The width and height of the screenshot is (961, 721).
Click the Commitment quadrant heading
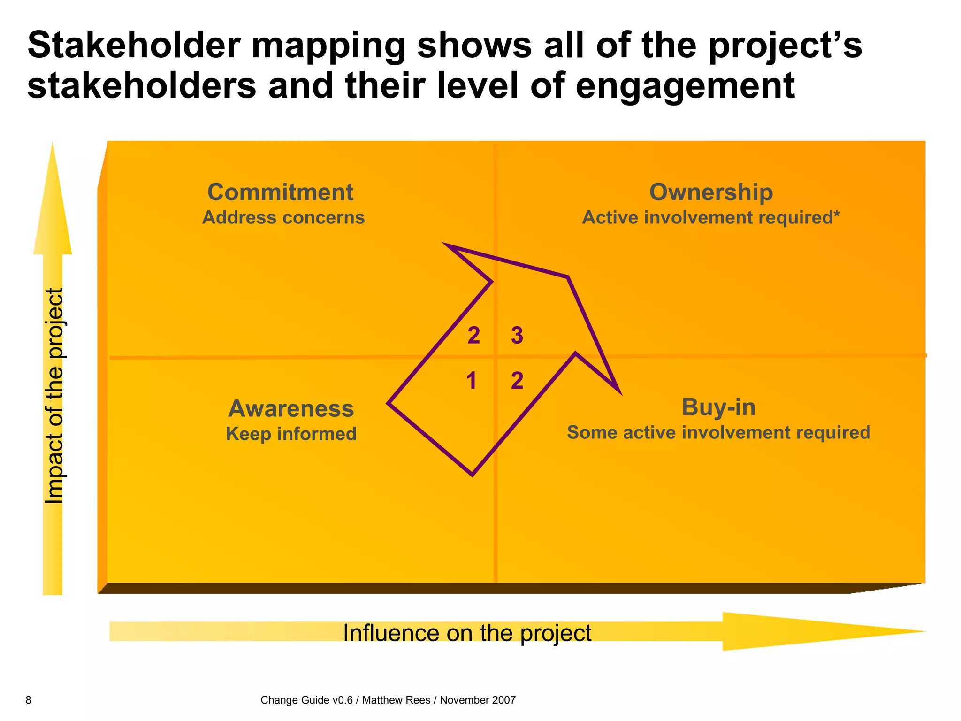(x=280, y=192)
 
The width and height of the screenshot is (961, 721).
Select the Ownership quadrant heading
(x=710, y=192)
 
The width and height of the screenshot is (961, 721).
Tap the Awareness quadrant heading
(x=291, y=408)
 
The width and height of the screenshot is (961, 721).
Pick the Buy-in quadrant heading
(x=718, y=407)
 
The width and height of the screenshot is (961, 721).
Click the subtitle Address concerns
(x=283, y=218)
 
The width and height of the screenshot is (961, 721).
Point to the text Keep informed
(x=291, y=434)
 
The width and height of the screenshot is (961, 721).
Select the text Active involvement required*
(x=710, y=218)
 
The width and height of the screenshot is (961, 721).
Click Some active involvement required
(x=718, y=432)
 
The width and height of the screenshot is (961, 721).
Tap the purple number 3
(x=517, y=336)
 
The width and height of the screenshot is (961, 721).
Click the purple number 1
(x=472, y=381)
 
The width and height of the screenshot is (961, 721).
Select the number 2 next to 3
(x=473, y=336)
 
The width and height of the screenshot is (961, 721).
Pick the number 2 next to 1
(x=517, y=381)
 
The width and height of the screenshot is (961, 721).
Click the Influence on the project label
(x=467, y=633)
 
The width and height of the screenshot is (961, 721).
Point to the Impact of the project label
(x=54, y=396)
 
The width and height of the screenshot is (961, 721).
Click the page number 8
(x=28, y=700)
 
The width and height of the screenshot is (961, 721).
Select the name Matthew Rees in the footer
(x=396, y=700)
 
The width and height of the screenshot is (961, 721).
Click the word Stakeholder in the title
(x=134, y=46)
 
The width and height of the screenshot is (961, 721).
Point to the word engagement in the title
(x=685, y=86)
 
